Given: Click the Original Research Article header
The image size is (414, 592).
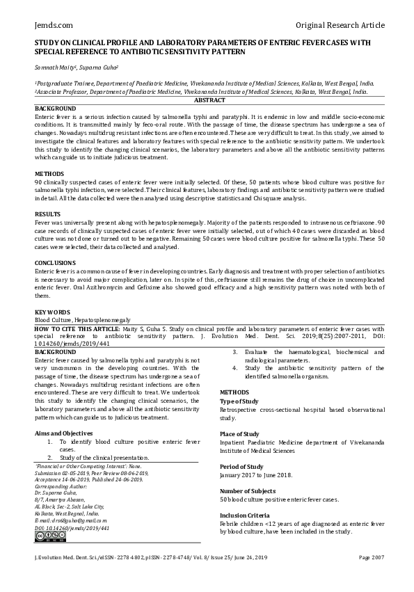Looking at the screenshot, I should (340, 25).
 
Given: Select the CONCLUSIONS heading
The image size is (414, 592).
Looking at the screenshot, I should (56, 263).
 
